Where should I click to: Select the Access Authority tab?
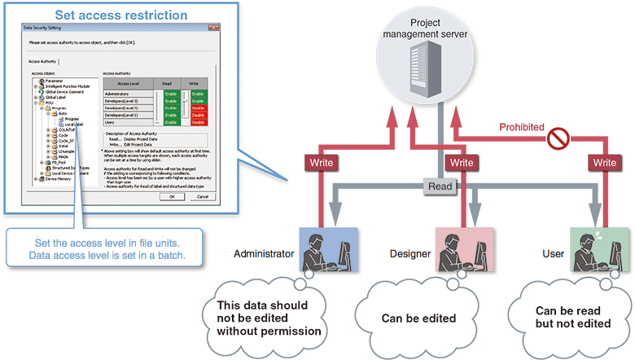43,61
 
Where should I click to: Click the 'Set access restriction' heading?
120,14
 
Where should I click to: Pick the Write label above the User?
604,163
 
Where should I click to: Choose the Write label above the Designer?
461,163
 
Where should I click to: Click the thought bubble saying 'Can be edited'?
417,318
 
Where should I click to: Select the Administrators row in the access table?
123,94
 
